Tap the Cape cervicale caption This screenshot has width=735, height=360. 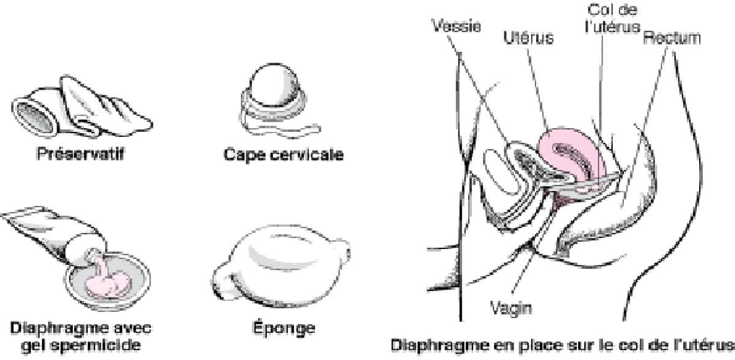[283, 154]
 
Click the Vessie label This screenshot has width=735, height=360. [456, 26]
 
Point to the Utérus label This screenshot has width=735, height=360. [528, 37]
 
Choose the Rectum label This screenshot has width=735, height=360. [671, 38]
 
